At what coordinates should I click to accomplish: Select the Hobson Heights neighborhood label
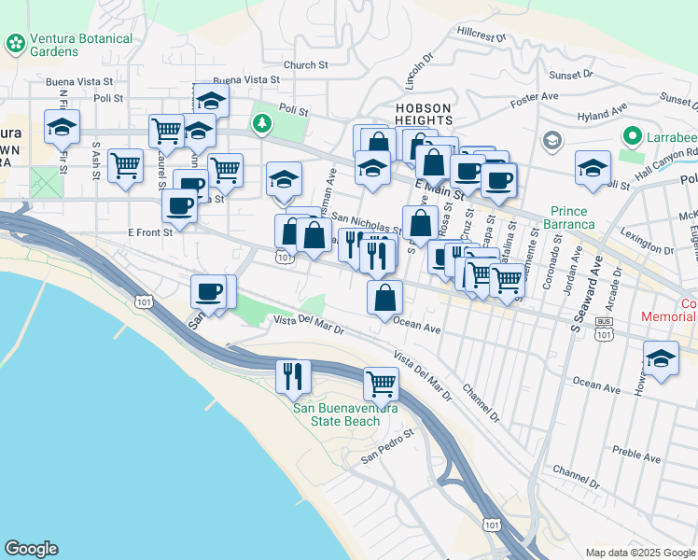[x=424, y=114]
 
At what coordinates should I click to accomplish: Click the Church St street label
[x=306, y=65]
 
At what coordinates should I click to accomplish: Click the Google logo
[x=31, y=549]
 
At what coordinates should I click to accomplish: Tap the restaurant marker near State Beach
[x=294, y=375]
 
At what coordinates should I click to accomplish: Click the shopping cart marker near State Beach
[x=381, y=382]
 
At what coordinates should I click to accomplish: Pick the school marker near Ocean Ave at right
[x=661, y=359]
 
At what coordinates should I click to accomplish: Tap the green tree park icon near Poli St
[x=262, y=123]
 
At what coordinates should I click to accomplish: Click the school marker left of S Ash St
[x=63, y=127]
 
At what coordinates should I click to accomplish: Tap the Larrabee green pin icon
[x=632, y=137]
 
